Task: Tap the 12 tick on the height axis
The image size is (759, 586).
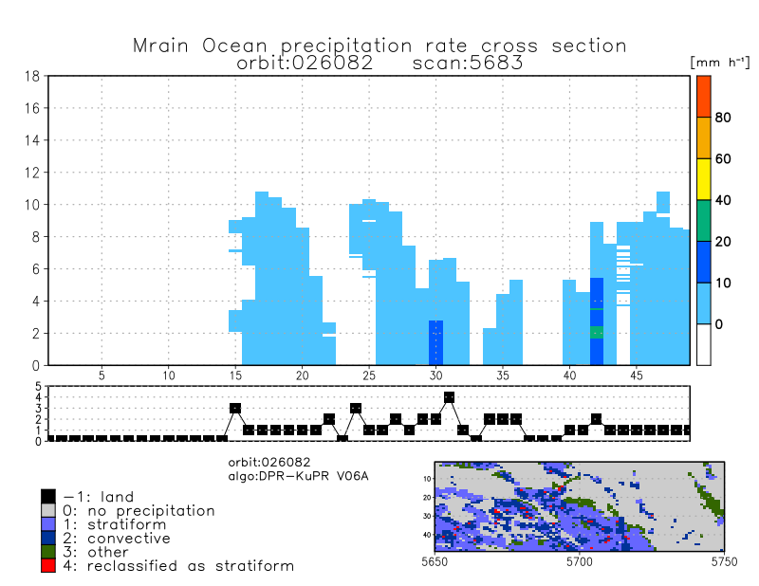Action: click(x=31, y=173)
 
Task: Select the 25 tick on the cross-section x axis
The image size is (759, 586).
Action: click(x=369, y=375)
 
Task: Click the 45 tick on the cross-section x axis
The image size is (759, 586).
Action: click(x=636, y=375)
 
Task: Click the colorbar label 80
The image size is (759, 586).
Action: click(x=722, y=118)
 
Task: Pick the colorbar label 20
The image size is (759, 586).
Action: click(x=722, y=242)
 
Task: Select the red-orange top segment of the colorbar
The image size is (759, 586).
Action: click(x=703, y=96)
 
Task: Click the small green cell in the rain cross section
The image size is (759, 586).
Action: click(x=597, y=332)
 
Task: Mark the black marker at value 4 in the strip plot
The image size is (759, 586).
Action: click(x=450, y=397)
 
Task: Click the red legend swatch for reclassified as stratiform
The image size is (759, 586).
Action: click(x=48, y=565)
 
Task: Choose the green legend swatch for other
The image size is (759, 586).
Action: click(x=48, y=552)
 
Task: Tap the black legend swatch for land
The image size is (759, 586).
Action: click(x=48, y=496)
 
